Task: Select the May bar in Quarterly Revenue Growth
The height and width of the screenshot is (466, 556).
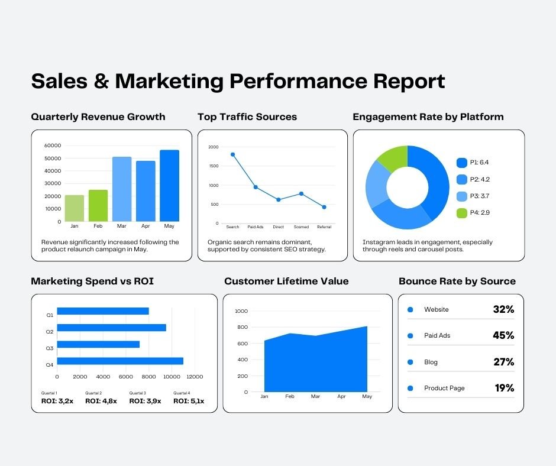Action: (x=169, y=186)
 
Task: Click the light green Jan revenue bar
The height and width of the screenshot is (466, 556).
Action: (x=74, y=208)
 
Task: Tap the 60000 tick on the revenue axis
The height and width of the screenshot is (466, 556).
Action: (x=53, y=145)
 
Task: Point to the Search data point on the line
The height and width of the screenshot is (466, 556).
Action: (x=232, y=154)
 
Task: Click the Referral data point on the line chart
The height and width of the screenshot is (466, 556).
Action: (x=324, y=207)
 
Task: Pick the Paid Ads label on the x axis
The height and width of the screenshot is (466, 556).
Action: (x=256, y=227)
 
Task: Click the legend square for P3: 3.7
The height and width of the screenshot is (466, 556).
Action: (x=462, y=196)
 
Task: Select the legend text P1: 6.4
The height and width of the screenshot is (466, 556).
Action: (x=480, y=162)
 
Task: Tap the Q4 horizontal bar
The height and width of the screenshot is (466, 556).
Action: (x=120, y=361)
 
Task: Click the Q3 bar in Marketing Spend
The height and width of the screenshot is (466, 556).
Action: (x=98, y=344)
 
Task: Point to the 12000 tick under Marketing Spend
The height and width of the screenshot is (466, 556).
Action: (x=194, y=377)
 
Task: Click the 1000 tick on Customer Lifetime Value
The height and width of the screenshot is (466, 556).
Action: (x=241, y=311)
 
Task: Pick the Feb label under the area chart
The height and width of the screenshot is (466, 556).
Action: (x=290, y=396)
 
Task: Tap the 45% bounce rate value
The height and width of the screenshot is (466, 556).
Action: (x=503, y=335)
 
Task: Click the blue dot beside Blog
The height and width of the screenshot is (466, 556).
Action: (x=410, y=362)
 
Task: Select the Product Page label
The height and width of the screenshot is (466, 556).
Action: (x=444, y=388)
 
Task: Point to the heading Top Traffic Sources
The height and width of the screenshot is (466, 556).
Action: (x=247, y=117)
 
